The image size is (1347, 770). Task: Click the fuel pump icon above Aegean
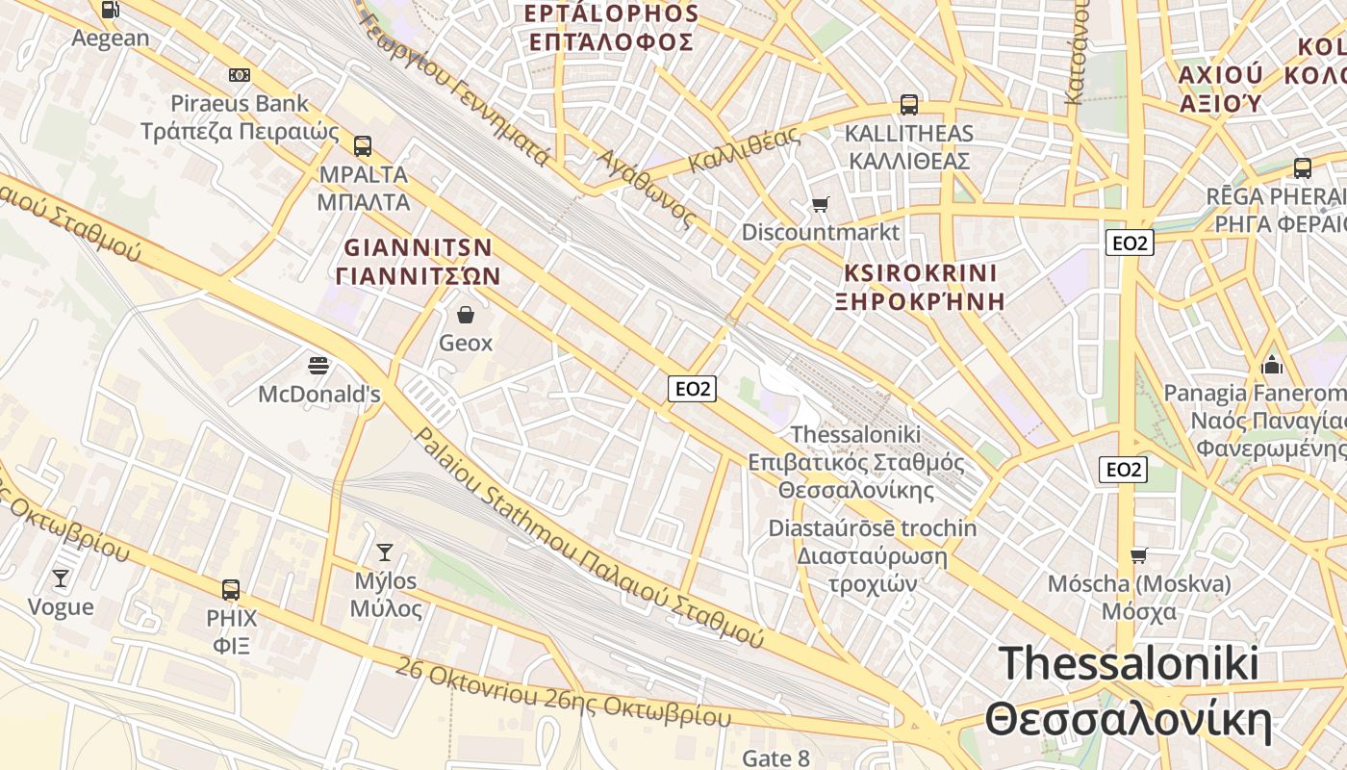coord(111,10)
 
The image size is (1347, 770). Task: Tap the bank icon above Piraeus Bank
coord(240,75)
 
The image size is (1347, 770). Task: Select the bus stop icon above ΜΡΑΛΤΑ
coord(362,146)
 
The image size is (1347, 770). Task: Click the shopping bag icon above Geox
coord(466,314)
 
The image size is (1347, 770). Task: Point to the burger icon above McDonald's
coord(318,366)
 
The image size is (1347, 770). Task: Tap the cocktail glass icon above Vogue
coord(61,577)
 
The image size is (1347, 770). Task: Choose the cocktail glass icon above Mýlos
coord(385,552)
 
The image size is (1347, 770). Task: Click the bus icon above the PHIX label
coord(231,589)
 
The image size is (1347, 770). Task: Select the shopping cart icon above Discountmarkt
coord(820,204)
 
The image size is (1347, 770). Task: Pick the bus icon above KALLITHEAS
coord(908,105)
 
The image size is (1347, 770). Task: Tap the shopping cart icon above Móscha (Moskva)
coord(1139,555)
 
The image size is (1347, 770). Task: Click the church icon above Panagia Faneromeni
coord(1272,365)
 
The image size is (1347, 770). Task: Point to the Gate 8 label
coord(775,758)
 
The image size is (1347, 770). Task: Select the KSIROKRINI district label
coord(921,272)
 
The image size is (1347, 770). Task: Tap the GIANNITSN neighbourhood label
coord(419,247)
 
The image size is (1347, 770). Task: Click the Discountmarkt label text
coord(821,232)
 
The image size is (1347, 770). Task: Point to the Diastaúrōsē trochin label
coord(872,528)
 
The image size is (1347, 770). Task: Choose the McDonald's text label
coord(319,395)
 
